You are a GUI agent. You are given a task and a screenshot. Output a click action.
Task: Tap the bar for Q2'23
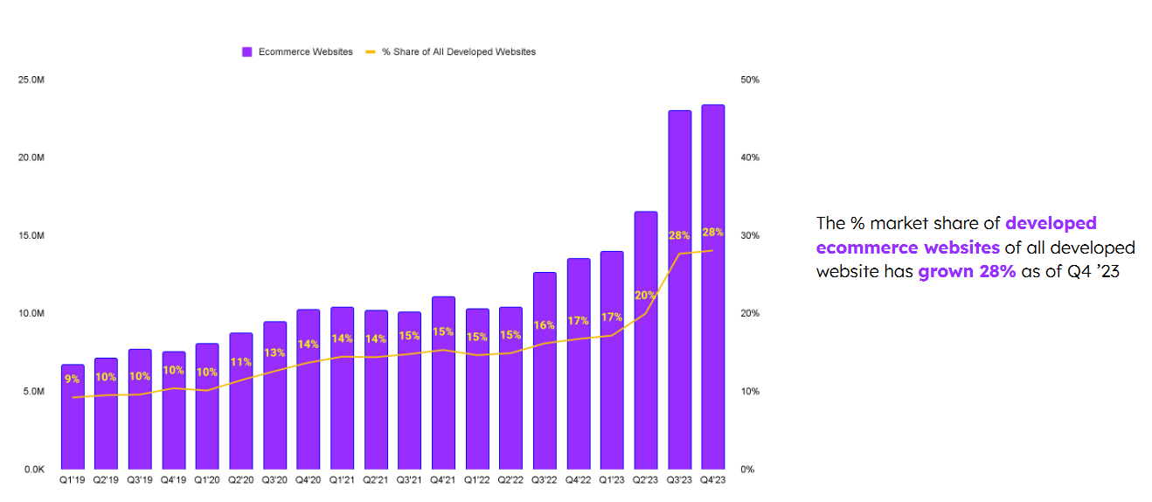pos(645,340)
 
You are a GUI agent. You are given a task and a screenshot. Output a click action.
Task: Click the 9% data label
pos(72,379)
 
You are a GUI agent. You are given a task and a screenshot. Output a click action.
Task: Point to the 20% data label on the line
pos(645,295)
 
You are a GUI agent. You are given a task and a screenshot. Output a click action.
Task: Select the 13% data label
pos(274,352)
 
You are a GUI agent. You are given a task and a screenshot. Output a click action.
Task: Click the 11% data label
pos(241,361)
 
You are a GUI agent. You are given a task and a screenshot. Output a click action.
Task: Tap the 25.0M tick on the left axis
pos(31,80)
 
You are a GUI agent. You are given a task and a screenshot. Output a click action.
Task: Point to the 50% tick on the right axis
pos(749,80)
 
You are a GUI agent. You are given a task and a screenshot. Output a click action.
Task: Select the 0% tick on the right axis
pos(746,469)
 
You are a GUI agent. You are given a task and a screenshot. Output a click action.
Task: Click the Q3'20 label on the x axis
pos(274,480)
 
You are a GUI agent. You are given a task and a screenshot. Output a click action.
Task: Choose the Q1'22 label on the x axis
pos(476,480)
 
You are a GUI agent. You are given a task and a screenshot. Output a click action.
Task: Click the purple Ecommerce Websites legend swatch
pos(246,52)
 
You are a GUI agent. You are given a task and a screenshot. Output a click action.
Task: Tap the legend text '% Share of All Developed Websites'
pos(458,52)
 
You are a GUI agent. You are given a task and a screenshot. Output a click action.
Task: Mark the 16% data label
pos(544,324)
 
